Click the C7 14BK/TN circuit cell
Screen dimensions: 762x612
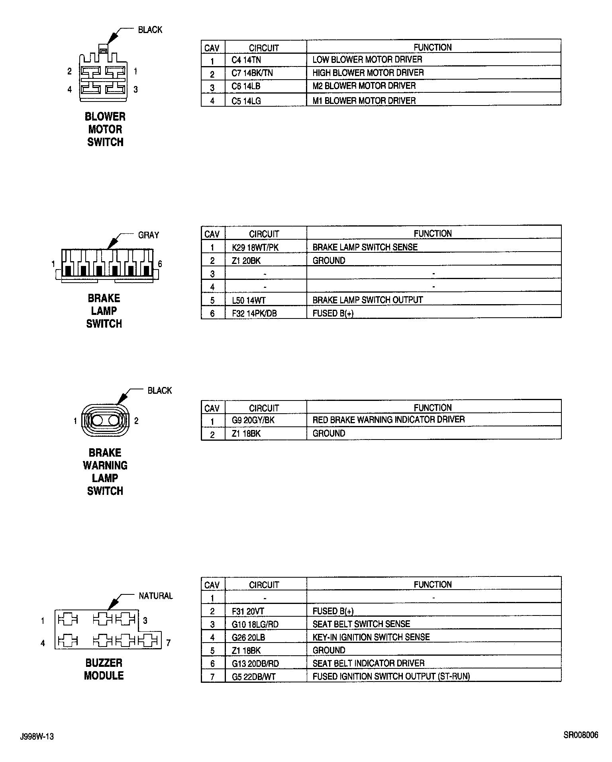point(252,73)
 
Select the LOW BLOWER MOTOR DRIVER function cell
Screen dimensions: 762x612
point(367,60)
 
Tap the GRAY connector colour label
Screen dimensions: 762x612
point(148,235)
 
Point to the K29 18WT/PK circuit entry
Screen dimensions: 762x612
point(255,247)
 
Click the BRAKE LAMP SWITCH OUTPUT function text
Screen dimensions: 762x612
point(367,300)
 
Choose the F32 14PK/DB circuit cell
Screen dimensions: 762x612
point(254,313)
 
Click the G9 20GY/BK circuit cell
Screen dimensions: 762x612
point(253,420)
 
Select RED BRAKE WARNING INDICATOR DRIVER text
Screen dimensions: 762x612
point(388,420)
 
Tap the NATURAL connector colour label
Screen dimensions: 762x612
point(156,596)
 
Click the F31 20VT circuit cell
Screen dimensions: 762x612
point(248,611)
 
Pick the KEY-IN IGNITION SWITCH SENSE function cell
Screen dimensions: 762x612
point(371,637)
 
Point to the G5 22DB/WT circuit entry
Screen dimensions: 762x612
point(253,676)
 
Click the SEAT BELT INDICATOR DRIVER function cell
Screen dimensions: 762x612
point(368,663)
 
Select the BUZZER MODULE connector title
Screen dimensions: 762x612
point(104,669)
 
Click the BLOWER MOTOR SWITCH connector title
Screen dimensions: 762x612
point(105,129)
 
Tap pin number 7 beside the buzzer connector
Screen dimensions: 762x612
point(169,643)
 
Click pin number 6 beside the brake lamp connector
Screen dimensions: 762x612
point(160,264)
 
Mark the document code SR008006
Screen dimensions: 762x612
point(581,735)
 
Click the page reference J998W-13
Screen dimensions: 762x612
point(37,737)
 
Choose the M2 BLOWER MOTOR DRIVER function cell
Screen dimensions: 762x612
point(364,86)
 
